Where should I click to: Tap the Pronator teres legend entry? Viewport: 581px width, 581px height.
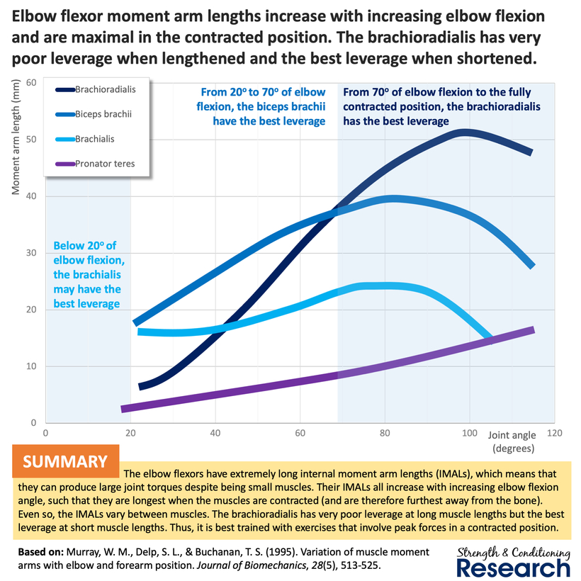105,164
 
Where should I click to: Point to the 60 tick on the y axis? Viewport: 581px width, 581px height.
30,82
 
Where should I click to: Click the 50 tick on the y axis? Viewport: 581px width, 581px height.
30,139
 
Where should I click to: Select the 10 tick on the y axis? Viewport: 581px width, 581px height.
30,366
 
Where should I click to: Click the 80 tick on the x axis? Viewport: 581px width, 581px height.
385,433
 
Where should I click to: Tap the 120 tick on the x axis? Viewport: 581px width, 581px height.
553,433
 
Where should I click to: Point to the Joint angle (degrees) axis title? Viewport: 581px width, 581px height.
510,441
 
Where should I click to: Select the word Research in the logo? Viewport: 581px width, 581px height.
513,568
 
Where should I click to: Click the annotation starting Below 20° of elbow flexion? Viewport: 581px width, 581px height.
87,275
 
